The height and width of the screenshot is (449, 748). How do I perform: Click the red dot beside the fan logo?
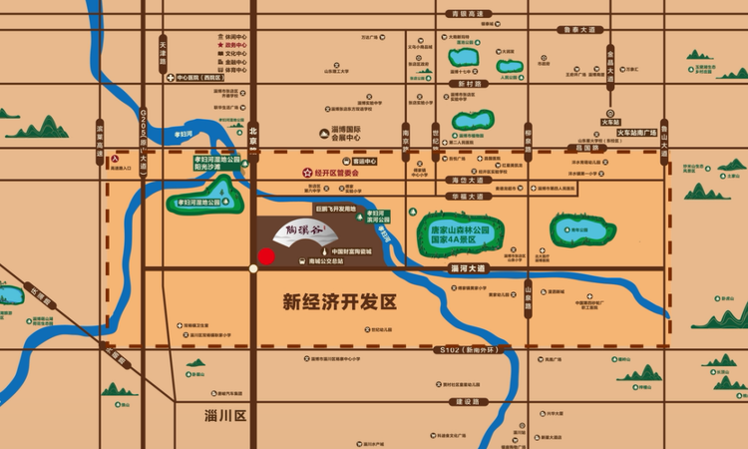click(x=265, y=256)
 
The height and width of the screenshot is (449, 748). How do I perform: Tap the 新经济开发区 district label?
click(x=340, y=299)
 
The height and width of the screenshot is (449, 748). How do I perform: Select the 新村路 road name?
click(x=471, y=84)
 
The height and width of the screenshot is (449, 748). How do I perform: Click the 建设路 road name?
click(x=468, y=401)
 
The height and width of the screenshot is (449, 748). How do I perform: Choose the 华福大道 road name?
click(x=468, y=196)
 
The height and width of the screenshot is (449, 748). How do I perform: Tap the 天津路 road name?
click(x=163, y=54)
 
